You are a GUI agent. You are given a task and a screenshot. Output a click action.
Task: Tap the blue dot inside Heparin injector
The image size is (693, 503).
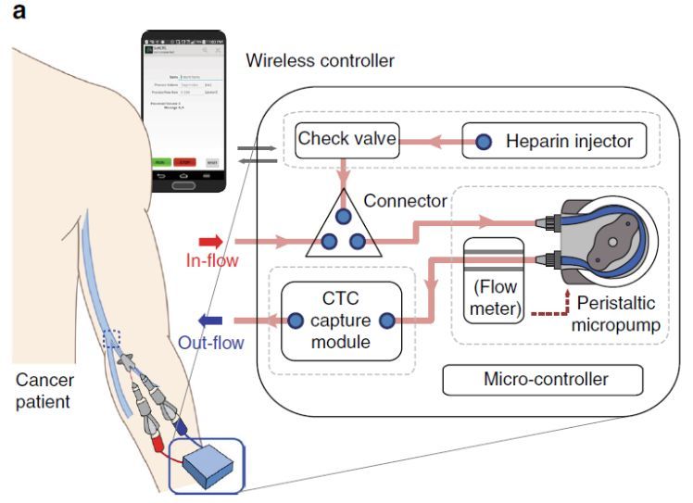[x=484, y=143]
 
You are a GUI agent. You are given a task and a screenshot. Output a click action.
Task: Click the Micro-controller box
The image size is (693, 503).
[x=541, y=378]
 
